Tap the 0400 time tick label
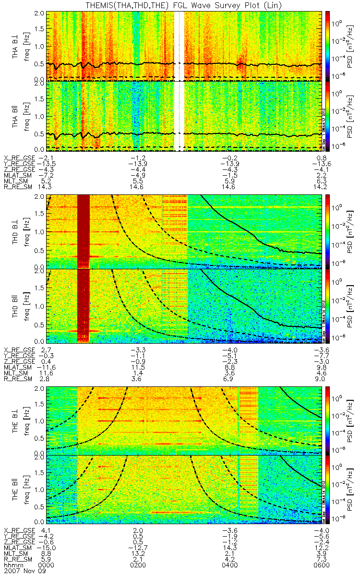231,565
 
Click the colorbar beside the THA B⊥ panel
328,46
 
